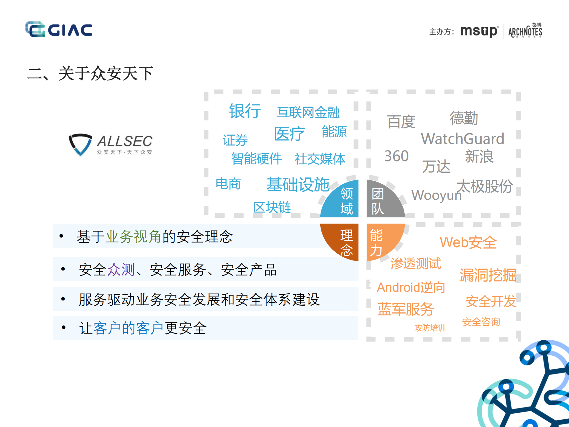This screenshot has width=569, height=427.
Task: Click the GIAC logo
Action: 59,29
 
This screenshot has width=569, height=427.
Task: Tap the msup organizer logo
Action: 479,31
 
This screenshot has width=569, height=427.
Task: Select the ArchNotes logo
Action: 525,31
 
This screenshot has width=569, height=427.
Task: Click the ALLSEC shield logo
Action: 80,144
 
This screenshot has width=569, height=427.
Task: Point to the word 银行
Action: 245,111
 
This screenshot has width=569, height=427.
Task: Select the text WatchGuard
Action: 463,139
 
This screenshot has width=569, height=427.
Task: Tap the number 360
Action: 396,156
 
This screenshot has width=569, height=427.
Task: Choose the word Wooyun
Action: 436,195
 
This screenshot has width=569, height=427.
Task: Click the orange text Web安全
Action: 468,242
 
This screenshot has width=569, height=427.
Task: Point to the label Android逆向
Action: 411,287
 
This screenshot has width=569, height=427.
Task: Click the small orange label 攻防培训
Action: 430,328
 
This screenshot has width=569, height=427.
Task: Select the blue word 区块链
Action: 272,207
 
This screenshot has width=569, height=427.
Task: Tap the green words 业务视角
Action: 133,236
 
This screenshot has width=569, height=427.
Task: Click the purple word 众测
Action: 121,270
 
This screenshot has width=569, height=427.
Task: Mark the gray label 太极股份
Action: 484,186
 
